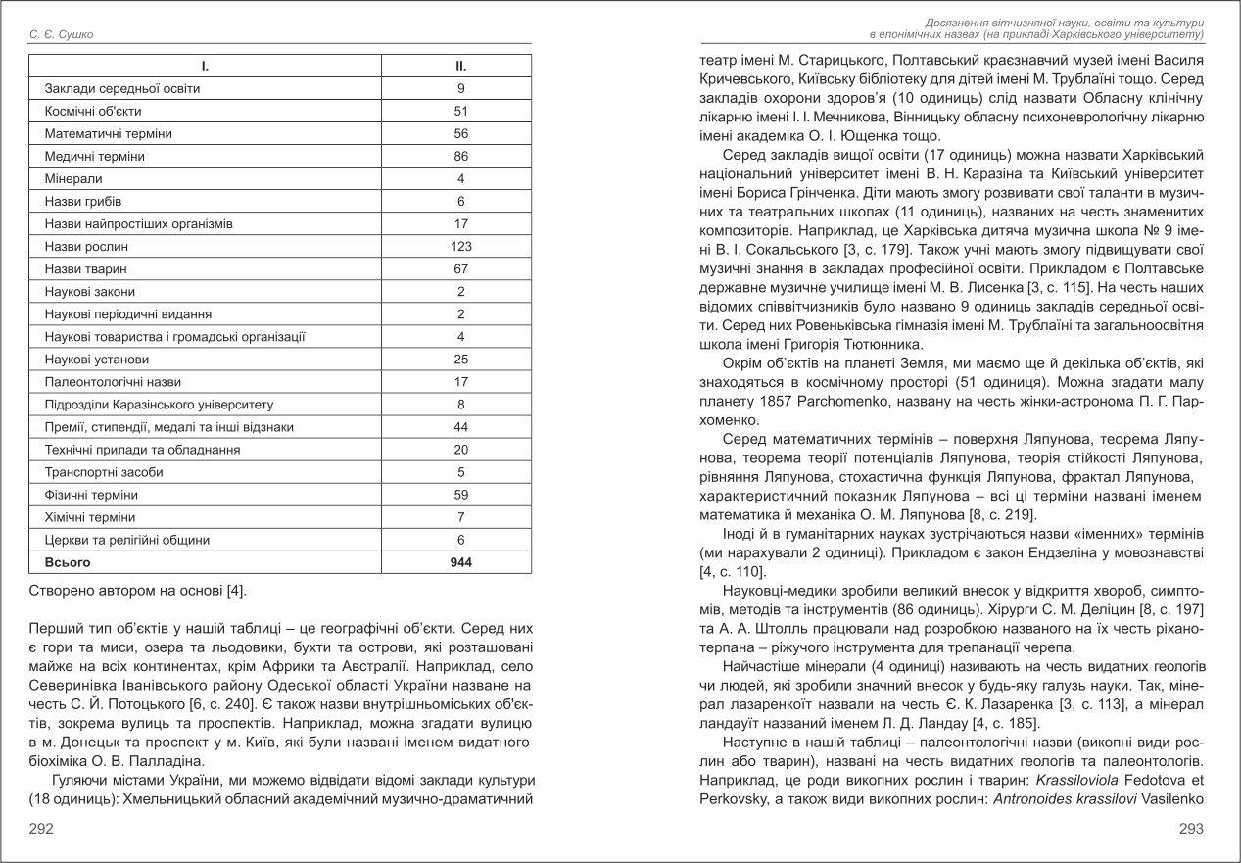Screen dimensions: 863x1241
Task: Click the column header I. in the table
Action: (x=205, y=67)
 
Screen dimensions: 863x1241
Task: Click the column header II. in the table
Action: (x=460, y=67)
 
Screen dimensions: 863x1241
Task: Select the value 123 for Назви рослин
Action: (x=460, y=247)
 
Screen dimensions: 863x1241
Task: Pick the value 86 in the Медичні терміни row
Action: (x=460, y=157)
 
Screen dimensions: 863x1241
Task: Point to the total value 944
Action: (x=460, y=562)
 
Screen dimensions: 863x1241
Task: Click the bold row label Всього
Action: (x=68, y=562)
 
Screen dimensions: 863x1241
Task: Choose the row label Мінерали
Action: (x=73, y=179)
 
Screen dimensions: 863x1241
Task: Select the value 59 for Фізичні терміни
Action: (x=460, y=495)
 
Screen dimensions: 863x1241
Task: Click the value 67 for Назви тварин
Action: (x=460, y=269)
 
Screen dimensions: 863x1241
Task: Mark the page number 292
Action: (x=41, y=829)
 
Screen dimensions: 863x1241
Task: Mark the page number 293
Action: (x=1191, y=829)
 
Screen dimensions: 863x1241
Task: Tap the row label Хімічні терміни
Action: (x=90, y=517)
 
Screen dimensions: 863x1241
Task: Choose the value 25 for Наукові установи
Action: (x=460, y=360)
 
